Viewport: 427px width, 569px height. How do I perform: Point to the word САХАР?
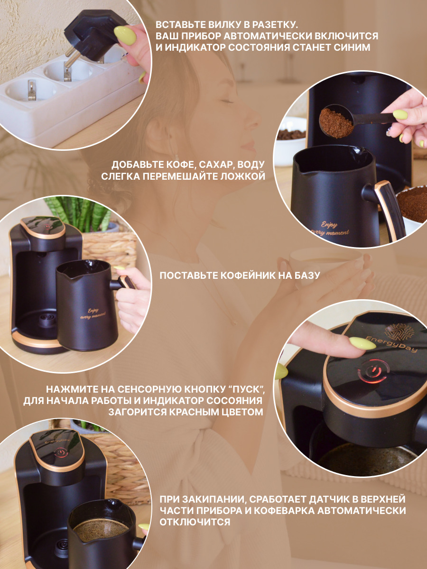click(214, 165)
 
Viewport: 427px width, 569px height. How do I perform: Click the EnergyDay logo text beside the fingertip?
click(391, 344)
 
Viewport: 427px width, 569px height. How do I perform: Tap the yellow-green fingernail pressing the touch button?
click(362, 343)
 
